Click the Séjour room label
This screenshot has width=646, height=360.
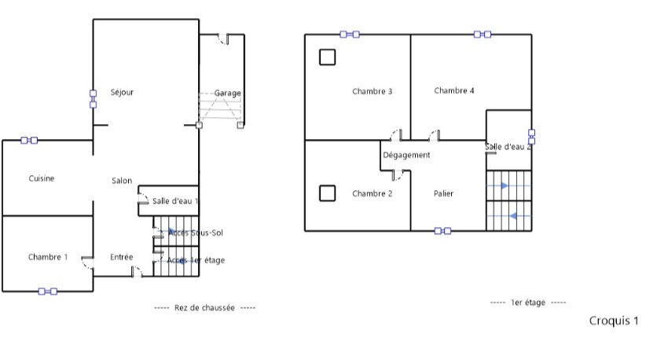coord(122,92)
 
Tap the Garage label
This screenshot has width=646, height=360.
coord(228,93)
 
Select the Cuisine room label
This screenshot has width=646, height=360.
coord(42,178)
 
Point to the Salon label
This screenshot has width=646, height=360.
coord(122,181)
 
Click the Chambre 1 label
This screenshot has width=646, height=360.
coord(48,257)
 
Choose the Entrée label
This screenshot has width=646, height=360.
coord(121,257)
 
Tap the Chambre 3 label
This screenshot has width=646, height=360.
coord(373,91)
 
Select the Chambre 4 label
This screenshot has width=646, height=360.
coord(454,90)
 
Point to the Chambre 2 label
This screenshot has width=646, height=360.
coord(373,193)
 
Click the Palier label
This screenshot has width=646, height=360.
coord(443,193)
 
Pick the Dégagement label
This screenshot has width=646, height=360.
coord(406,155)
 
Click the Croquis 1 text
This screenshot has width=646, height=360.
coord(613,321)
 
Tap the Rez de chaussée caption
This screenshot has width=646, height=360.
coord(204,308)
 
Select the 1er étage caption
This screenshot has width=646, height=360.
coord(527,303)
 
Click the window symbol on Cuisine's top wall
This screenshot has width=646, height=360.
coord(29,141)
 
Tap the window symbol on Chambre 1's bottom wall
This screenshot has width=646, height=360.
coord(48,291)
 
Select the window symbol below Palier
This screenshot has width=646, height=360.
coord(443,231)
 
